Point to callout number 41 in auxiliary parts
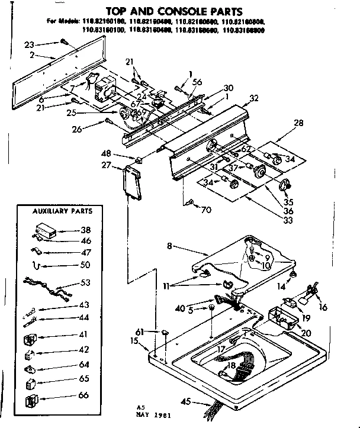click(84, 334)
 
